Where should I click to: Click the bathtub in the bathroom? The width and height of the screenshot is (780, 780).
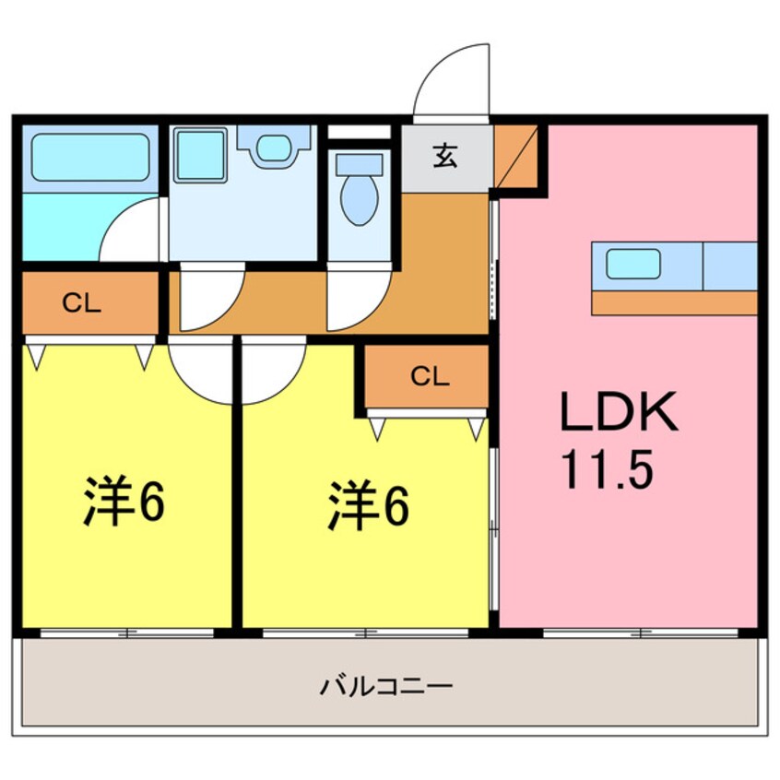coord(90,157)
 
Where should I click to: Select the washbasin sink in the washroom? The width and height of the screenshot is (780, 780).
coord(274,148)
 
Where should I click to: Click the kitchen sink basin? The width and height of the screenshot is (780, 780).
coord(632,264)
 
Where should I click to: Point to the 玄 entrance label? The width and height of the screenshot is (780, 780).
coord(444,156)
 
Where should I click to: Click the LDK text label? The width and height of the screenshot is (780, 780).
coord(619,411)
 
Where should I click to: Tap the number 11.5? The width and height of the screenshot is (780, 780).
coord(607,468)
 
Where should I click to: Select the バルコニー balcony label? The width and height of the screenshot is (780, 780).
coord(386,687)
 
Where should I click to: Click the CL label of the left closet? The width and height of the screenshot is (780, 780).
coord(81,302)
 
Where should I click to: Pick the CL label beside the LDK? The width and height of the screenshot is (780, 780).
coord(430,376)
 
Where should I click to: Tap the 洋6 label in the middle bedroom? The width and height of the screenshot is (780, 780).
coord(368,505)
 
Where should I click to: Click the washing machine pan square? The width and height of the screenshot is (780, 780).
coord(200,154)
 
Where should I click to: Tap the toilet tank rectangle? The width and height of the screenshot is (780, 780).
coord(360,164)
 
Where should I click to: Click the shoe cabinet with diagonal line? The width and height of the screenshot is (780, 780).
coord(516,156)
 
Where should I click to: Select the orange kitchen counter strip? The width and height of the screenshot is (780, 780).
coord(675,302)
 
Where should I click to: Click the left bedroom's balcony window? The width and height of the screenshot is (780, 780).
coord(127,633)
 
